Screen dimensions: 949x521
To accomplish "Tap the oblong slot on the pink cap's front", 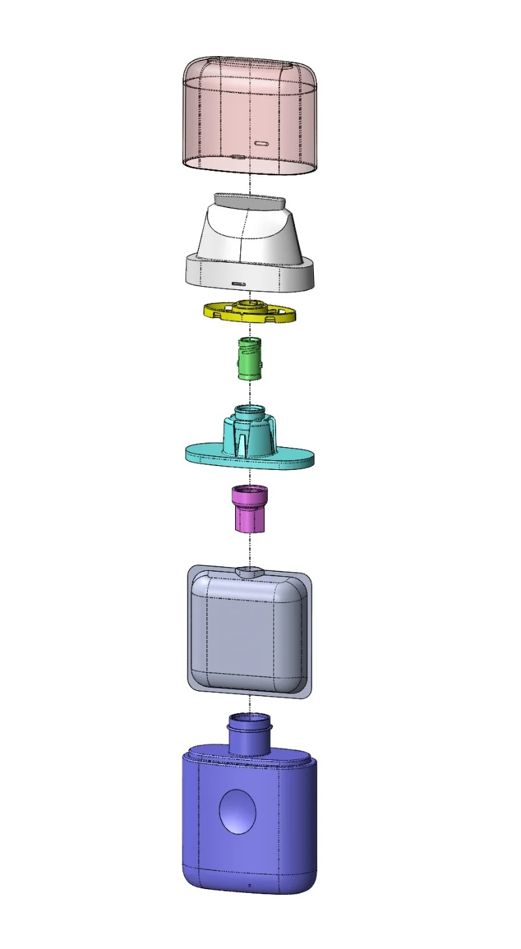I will (262, 143).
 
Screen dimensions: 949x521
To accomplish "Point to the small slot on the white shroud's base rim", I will (239, 284).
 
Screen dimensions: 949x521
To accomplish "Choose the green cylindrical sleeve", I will (249, 360).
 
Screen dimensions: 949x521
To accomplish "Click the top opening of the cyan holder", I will (249, 411).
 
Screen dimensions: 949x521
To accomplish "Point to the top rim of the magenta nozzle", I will (249, 489).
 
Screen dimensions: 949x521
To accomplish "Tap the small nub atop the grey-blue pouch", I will (249, 572).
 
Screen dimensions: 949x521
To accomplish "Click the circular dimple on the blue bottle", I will (238, 811).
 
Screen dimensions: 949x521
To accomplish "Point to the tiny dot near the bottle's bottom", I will (250, 884).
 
